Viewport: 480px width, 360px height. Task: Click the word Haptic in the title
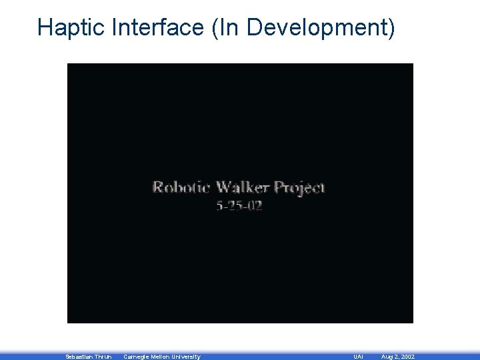click(x=73, y=27)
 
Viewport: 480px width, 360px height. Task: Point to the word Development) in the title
click(x=316, y=27)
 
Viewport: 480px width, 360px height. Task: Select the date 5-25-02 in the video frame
click(x=239, y=205)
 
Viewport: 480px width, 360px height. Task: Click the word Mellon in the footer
click(x=164, y=357)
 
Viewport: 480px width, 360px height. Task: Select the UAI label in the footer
click(x=359, y=357)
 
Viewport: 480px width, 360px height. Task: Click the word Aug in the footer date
click(x=387, y=357)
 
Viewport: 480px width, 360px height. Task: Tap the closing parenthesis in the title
click(x=391, y=27)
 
